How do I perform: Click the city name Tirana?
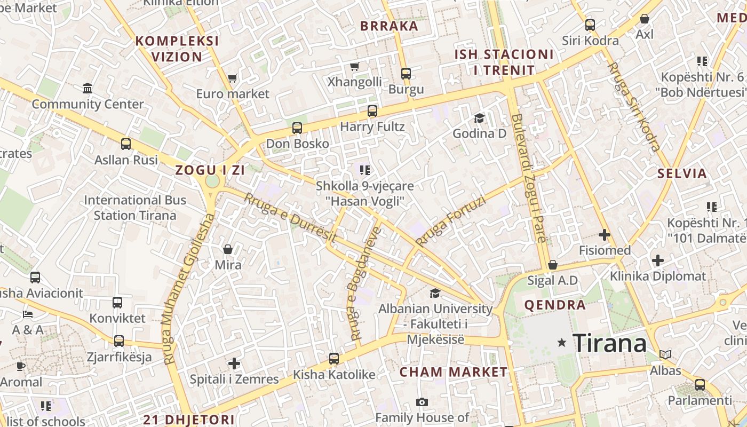click(x=609, y=343)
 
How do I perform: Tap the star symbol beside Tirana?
click(x=561, y=343)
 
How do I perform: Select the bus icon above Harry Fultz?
click(x=372, y=111)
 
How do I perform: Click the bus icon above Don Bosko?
click(x=297, y=128)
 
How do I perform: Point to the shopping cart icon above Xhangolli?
click(x=355, y=66)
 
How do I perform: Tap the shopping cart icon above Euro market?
click(x=232, y=78)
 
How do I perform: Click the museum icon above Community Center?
click(x=88, y=88)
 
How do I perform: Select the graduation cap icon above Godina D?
click(x=479, y=118)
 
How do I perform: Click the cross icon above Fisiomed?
click(x=605, y=234)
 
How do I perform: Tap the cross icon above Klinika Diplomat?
click(x=658, y=260)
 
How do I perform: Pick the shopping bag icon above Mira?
click(x=228, y=249)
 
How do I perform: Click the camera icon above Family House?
click(x=422, y=402)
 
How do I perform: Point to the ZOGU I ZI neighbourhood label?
click(x=210, y=170)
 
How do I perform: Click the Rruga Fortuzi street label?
click(x=451, y=221)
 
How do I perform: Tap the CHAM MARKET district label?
click(x=454, y=372)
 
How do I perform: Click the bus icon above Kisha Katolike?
click(x=334, y=359)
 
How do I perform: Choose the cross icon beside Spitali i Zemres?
click(x=234, y=364)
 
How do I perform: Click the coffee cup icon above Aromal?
click(x=21, y=366)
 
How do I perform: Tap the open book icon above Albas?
click(x=665, y=354)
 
